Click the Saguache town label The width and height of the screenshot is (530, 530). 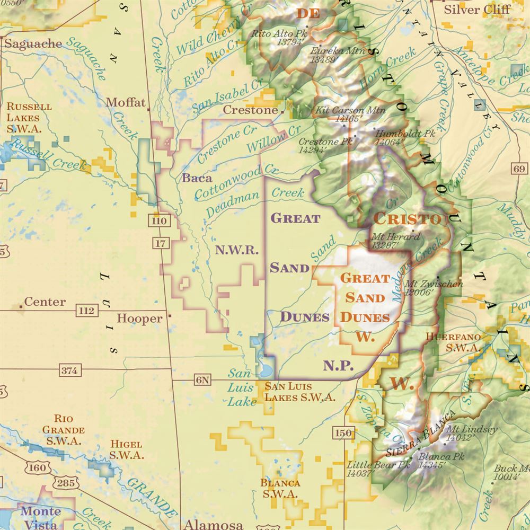click(x=33, y=44)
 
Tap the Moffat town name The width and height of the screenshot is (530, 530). click(x=126, y=102)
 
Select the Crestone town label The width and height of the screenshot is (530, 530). click(x=250, y=110)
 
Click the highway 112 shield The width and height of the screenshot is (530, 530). click(x=85, y=310)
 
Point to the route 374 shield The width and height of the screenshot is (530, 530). click(x=69, y=370)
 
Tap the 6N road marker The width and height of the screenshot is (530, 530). click(x=202, y=379)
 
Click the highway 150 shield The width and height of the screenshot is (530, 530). click(x=343, y=433)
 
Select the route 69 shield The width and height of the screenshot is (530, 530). click(x=519, y=169)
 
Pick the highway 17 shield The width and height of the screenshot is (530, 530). click(x=160, y=243)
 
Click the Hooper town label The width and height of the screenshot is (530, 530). click(x=139, y=319)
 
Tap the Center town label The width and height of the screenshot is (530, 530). click(x=45, y=302)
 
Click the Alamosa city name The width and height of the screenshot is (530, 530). click(x=213, y=524)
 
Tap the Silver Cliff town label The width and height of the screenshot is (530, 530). click(x=477, y=10)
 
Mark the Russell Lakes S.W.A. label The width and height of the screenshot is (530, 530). click(x=29, y=117)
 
